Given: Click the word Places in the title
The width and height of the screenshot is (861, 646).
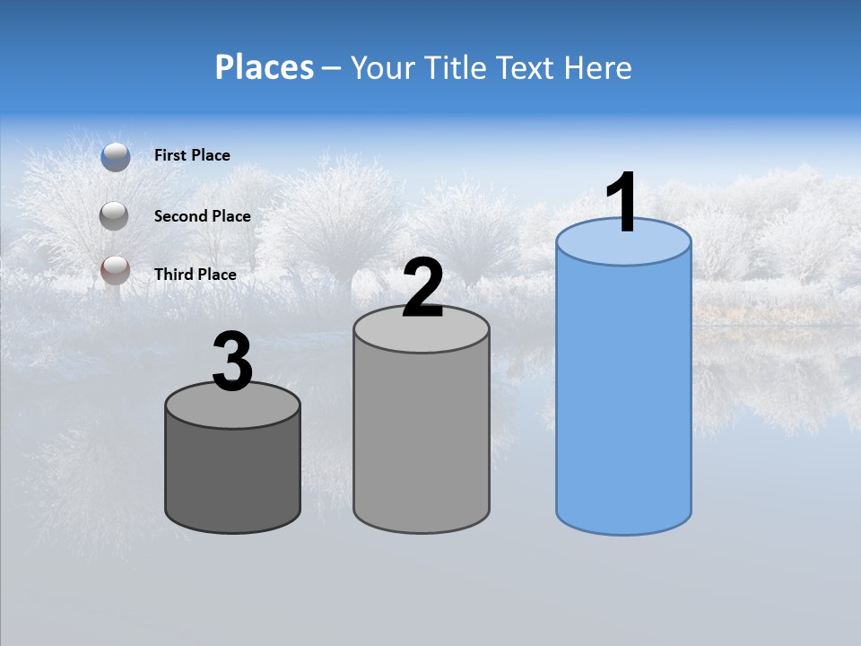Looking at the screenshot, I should coord(265,67).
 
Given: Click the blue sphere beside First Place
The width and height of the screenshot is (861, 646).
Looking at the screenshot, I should coord(116,156).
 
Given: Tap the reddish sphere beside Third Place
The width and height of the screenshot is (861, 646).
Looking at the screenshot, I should coord(116,270).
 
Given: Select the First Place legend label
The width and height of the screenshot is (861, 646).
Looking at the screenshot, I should coord(192,155).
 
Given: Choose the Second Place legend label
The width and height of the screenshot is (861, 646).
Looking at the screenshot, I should coord(202,216).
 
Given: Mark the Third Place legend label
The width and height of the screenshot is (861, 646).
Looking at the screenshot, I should coord(195,275).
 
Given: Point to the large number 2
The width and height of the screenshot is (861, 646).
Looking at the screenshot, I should coord(422,288).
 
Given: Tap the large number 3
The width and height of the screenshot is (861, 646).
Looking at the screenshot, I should coord(232,362).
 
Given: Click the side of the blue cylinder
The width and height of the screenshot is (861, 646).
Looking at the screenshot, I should coord(623,395).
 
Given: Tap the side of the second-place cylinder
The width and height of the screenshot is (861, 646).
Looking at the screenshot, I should coord(422,440).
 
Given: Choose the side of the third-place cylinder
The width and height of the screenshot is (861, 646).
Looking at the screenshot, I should coord(232,476).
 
